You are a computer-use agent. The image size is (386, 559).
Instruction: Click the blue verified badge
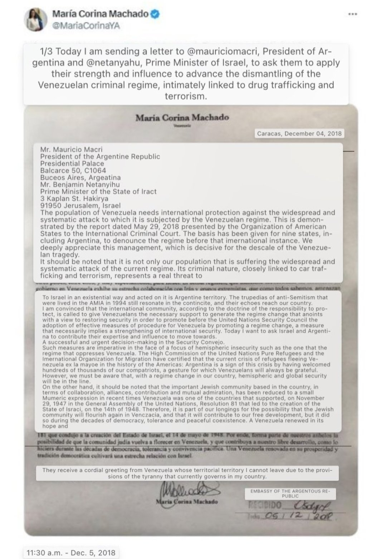pos(155,14)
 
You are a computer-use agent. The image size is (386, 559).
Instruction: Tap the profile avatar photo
pos(36,20)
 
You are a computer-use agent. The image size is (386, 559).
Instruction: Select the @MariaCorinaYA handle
pos(86,26)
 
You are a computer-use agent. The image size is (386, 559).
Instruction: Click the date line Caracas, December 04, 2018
pos(299,134)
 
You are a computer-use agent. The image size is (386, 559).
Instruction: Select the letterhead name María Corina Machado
pos(182,117)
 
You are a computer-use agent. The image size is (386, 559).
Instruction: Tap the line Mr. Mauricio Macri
pos(71,149)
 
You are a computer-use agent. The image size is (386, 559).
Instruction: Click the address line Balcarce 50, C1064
pos(73,171)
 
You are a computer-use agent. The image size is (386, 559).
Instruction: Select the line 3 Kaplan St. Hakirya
pos(74,198)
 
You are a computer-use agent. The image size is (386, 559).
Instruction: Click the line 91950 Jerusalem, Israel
pos(80,206)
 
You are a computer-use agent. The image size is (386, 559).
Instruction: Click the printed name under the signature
pos(187,502)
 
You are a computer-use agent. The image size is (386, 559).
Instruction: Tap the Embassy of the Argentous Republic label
pos(290,494)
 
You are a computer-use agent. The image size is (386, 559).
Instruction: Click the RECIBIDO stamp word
pos(264,505)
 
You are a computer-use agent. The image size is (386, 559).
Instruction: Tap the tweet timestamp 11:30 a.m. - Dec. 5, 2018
pos(71,553)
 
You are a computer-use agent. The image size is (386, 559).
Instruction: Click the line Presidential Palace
pos(72,163)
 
